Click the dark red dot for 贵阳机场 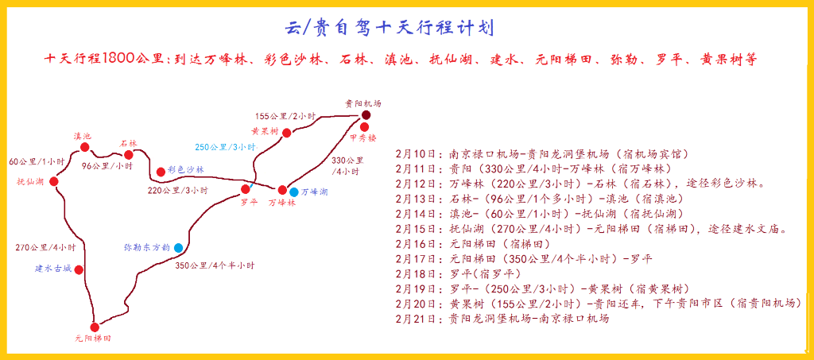[366, 115]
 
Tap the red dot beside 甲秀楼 [364, 126]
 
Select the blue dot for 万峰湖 [294, 192]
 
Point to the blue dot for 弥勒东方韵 [179, 248]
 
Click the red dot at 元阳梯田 [95, 327]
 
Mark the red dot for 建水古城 [79, 269]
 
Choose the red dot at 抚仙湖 [54, 181]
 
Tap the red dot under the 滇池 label [84, 147]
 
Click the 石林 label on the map [128, 143]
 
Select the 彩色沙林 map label [187, 169]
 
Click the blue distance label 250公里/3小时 [225, 147]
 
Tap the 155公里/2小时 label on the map [285, 115]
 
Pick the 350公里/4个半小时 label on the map [215, 265]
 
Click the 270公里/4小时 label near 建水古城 [45, 247]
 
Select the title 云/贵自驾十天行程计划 [389, 28]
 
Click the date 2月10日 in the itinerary [414, 154]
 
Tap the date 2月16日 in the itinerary [414, 243]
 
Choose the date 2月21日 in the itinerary [414, 319]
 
